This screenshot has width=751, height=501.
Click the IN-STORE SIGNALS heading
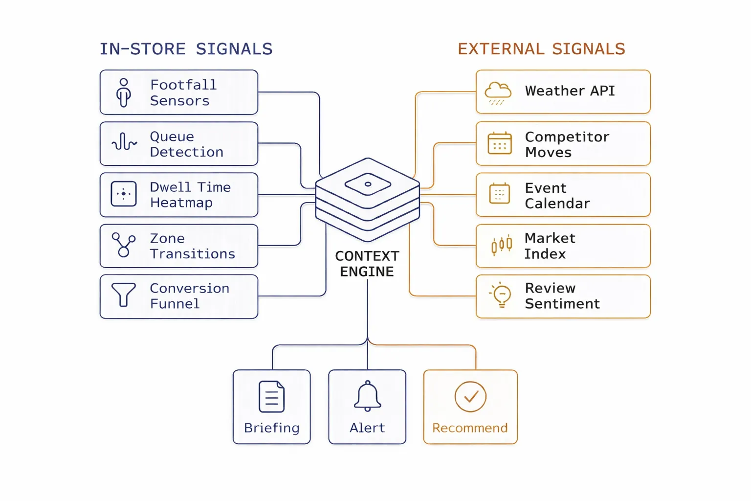pos(186,49)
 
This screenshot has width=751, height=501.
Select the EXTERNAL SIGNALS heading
pos(541,49)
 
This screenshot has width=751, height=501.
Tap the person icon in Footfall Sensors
pos(124,92)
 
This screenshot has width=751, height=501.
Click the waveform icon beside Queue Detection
pos(124,142)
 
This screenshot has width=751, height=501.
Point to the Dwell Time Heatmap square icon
pos(124,194)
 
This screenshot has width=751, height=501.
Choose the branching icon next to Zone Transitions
pos(124,245)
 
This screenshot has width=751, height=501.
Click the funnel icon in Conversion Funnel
pos(124,295)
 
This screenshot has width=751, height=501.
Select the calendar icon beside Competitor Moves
pos(499,143)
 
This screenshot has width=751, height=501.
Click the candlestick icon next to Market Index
pos(501,244)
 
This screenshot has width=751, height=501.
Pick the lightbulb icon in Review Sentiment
pos(501,295)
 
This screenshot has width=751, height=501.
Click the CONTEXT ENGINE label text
pos(367,264)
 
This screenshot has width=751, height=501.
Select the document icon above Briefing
pos(271,397)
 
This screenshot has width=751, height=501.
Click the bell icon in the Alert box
pos(367,396)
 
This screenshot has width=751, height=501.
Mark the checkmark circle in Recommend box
pos(470,397)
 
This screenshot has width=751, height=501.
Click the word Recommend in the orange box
pos(470,428)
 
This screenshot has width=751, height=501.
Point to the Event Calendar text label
pos(557,196)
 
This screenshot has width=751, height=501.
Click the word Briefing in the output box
pos(271,428)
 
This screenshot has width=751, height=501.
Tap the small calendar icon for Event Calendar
pos(499,194)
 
